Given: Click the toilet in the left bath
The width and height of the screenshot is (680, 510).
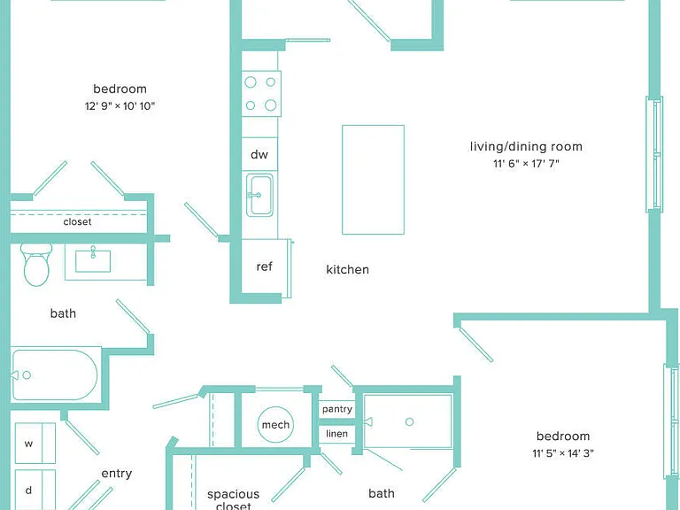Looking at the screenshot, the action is click(x=36, y=265).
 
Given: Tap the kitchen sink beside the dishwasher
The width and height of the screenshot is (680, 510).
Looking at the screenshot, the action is click(x=259, y=195).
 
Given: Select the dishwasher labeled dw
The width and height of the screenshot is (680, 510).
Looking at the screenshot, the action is click(x=259, y=154).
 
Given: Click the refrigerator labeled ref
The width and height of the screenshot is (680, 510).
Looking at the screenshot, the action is click(x=264, y=267).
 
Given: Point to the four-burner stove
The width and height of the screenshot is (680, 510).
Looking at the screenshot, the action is click(x=261, y=94).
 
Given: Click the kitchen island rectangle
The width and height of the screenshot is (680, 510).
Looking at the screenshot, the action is click(x=373, y=180).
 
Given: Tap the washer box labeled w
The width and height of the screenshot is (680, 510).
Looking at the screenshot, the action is click(x=35, y=444).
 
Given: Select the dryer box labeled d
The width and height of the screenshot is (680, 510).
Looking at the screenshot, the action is click(x=35, y=490).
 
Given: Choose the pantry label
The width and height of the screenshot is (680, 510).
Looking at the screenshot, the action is click(x=337, y=409).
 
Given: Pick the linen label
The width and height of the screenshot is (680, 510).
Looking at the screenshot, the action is click(x=337, y=433).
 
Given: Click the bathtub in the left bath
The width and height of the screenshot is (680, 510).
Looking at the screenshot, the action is click(x=55, y=375).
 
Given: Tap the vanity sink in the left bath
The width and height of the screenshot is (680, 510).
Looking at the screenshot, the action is click(x=93, y=260).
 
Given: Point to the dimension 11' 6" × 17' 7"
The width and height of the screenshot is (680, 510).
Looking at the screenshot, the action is click(x=526, y=164).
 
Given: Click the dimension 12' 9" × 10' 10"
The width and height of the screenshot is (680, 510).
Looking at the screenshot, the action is click(x=120, y=106).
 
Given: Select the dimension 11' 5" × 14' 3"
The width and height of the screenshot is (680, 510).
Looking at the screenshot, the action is click(x=563, y=453).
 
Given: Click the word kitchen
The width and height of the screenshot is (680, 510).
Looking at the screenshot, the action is click(x=347, y=269).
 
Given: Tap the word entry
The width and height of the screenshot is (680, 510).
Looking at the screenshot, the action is click(x=117, y=474).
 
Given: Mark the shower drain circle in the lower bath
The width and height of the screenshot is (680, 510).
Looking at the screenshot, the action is click(x=409, y=421).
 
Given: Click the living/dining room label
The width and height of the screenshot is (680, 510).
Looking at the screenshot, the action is click(x=526, y=147).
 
